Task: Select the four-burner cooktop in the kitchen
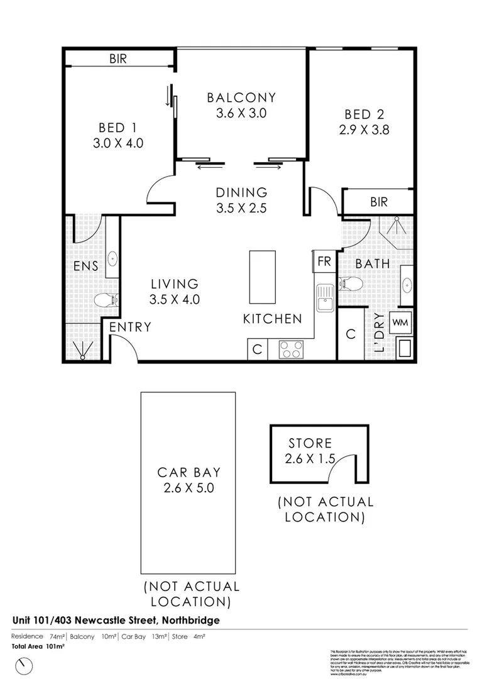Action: [x=291, y=350]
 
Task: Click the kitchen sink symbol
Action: [x=325, y=298]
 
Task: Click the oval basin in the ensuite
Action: [x=112, y=258]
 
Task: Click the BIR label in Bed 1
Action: [x=118, y=59]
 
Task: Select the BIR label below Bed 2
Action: [x=379, y=202]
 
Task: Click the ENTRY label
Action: [x=131, y=327]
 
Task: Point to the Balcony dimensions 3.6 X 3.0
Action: [x=242, y=114]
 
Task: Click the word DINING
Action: [x=242, y=193]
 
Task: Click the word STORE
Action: [x=310, y=444]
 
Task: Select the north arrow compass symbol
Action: [x=25, y=664]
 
